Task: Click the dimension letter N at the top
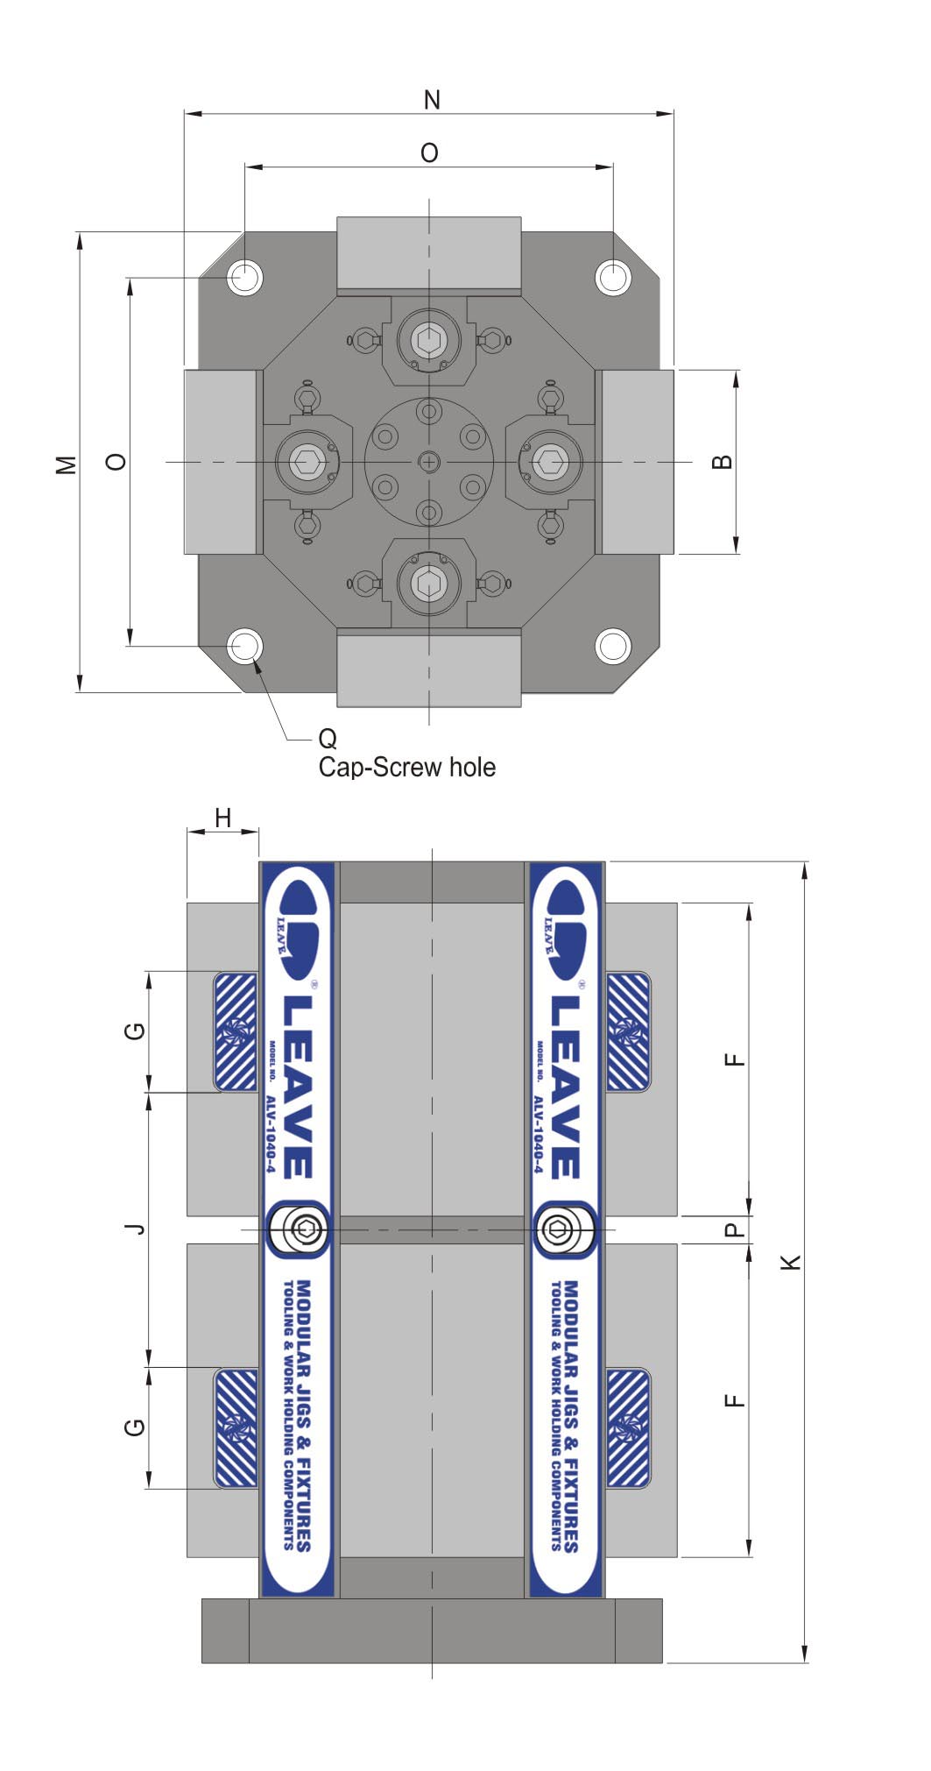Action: click(x=432, y=100)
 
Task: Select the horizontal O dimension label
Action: click(x=429, y=153)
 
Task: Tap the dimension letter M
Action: click(x=67, y=464)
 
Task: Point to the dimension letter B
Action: click(x=722, y=461)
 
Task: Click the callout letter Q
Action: click(x=328, y=739)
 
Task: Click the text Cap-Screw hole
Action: click(x=407, y=768)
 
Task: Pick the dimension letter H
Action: click(x=223, y=818)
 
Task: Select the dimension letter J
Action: click(x=135, y=1229)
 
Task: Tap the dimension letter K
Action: click(x=791, y=1262)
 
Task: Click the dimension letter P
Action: click(x=735, y=1229)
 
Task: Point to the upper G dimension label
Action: click(x=135, y=1031)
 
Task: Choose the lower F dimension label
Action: click(x=735, y=1399)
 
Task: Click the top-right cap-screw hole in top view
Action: click(x=613, y=277)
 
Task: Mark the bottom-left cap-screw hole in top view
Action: click(x=245, y=647)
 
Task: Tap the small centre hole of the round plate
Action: click(x=429, y=461)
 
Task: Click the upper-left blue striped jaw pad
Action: click(x=236, y=1032)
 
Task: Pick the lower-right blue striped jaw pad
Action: click(x=629, y=1427)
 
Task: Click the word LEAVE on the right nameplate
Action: click(x=566, y=1087)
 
